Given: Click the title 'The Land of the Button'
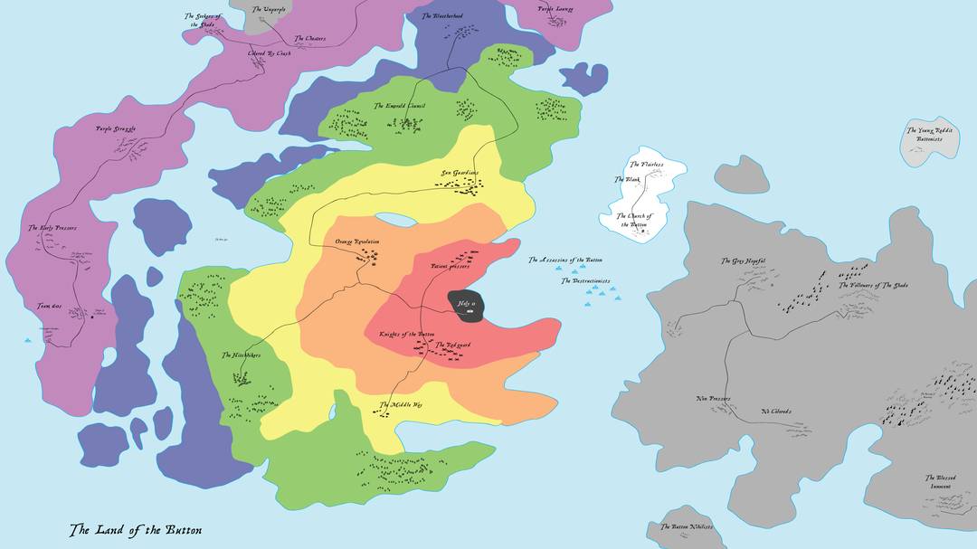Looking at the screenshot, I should coord(136,530).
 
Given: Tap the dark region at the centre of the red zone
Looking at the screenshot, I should coord(468,304).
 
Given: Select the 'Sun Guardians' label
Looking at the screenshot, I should coord(460,173).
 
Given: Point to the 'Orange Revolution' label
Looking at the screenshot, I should coord(357,242).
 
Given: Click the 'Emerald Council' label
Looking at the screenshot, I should coord(405,106).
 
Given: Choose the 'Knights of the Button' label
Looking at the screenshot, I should coord(407,335).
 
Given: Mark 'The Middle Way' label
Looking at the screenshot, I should coord(401,404).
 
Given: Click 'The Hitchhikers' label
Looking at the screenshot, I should coord(241,355).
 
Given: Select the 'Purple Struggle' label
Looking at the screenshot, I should coord(116,129).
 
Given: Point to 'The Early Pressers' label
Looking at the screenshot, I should coord(52,228).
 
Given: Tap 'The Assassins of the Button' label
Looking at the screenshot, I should coord(565,260).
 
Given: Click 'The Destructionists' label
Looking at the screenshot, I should coord(585,281).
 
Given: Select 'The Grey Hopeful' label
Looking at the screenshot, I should coord(743,261).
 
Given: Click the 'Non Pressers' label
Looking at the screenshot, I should coord(713,399).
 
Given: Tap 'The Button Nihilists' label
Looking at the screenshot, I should coord(687,526).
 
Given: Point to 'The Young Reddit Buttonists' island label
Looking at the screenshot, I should coord(930,135).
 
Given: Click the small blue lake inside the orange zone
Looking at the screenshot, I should coord(395,220).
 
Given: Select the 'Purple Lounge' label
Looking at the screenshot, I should coord(555,9).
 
